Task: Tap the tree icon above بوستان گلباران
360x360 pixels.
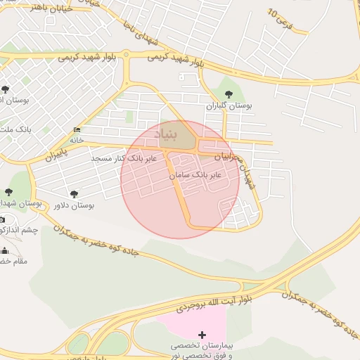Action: tap(228, 94)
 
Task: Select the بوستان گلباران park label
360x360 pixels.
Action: tap(229, 105)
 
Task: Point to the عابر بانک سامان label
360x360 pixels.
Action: tap(195, 173)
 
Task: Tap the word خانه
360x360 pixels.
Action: tap(76, 140)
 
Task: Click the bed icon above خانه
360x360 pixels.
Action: tap(77, 130)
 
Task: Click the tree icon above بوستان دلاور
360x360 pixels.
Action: tap(75, 193)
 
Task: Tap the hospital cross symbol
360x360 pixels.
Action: tap(202, 335)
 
